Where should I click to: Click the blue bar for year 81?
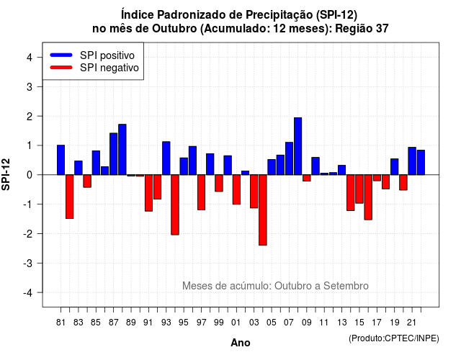tap(61, 160)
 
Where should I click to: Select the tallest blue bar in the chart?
tap(297, 146)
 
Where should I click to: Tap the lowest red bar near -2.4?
tap(263, 210)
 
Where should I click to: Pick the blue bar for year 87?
tap(114, 153)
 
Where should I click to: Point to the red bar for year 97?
tap(202, 192)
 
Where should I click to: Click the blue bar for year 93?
tap(166, 158)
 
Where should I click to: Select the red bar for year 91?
tap(149, 193)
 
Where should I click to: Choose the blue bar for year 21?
tap(412, 161)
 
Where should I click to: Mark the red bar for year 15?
tap(359, 189)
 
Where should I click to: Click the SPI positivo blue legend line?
tap(61, 55)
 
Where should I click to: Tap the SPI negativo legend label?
tap(109, 68)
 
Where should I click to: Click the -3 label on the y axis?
tap(27, 264)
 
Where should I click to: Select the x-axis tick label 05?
tap(272, 323)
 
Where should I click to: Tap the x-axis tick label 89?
tap(131, 323)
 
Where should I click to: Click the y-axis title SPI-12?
tap(6, 174)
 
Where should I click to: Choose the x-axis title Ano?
tap(241, 343)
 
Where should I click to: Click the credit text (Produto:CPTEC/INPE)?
tap(394, 338)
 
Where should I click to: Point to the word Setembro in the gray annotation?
tap(346, 286)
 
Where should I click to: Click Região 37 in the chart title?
tap(362, 29)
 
